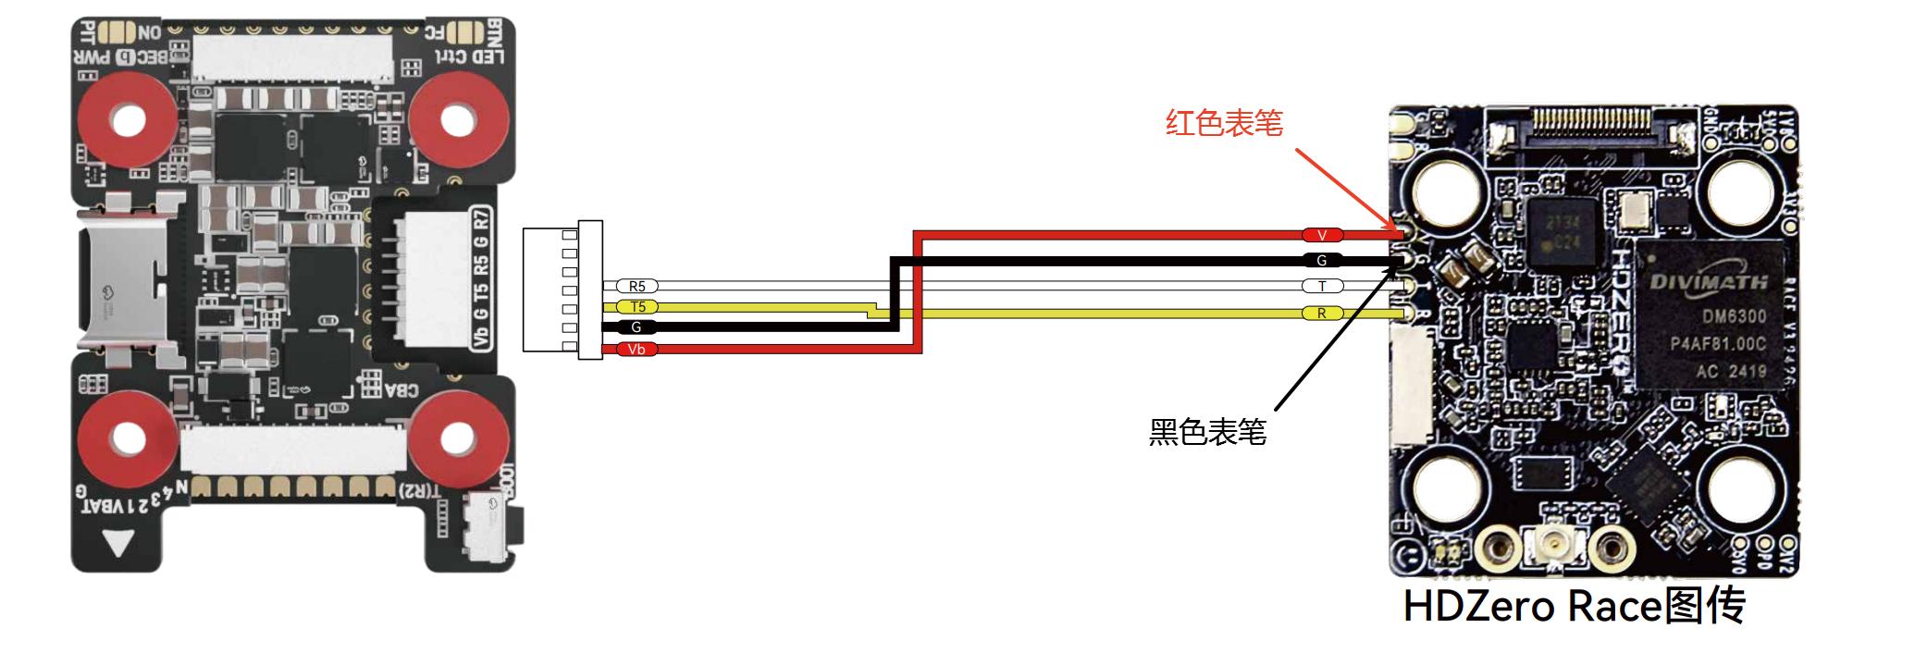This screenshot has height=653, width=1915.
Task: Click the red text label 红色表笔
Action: (x=1224, y=123)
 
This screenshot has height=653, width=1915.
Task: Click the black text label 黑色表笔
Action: (x=1207, y=432)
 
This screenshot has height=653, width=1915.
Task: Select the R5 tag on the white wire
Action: (x=636, y=287)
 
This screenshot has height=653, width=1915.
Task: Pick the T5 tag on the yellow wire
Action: (x=637, y=307)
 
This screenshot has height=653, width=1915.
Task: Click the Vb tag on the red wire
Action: (x=636, y=350)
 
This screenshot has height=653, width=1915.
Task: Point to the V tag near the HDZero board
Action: (x=1322, y=236)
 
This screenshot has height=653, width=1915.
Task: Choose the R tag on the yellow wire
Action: (x=1322, y=314)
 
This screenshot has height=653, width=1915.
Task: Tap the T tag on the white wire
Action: (x=1322, y=287)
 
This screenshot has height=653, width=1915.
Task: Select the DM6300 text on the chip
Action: (x=1734, y=316)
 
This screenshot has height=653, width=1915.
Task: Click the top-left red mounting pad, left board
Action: (x=127, y=120)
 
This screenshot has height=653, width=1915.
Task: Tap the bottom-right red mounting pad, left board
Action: (x=458, y=438)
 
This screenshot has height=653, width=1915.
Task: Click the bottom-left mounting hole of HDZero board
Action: (x=1447, y=488)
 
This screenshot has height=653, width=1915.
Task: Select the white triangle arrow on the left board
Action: (x=119, y=543)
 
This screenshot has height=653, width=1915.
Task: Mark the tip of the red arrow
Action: (x=1398, y=230)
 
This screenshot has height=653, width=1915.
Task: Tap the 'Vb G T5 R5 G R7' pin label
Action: (x=481, y=278)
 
